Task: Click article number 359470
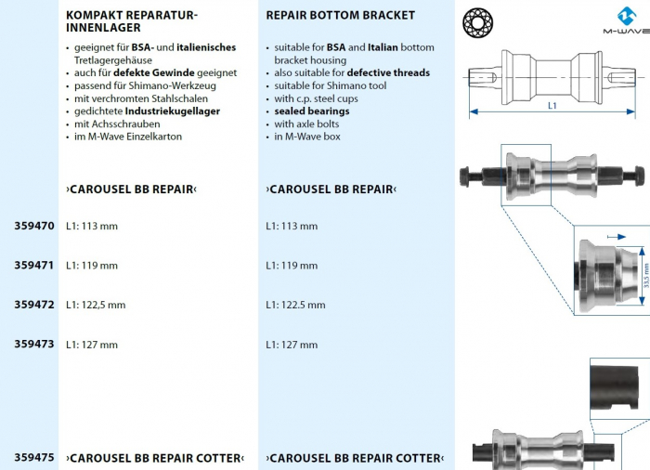pos(34,226)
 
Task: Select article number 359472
pos(34,305)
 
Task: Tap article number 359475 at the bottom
pos(34,458)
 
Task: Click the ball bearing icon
pos(477,22)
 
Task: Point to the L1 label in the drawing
pos(552,106)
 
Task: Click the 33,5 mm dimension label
pos(646,276)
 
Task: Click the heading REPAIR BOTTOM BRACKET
pos(341,16)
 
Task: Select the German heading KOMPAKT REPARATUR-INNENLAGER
pos(132,21)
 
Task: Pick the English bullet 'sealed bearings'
pos(312,111)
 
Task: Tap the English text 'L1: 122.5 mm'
pos(295,305)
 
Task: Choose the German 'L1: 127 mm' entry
pos(92,345)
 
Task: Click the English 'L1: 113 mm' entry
pos(292,226)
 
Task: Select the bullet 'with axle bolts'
pos(306,124)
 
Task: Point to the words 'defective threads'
pos(388,73)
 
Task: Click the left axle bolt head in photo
pos(464,176)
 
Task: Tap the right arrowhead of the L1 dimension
pos(630,111)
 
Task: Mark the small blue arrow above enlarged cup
pos(617,237)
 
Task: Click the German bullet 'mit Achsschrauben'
pos(117,124)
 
